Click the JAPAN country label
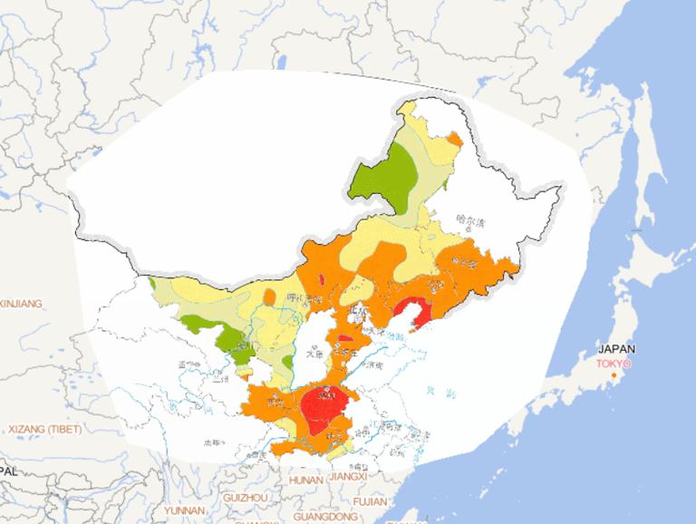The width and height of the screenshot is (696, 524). coord(617,349)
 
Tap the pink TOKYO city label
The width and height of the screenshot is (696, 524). coord(613,364)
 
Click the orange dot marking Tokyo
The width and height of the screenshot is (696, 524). coord(614,374)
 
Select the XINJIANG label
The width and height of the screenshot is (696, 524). coord(20,304)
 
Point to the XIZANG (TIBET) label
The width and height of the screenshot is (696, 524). coord(43,428)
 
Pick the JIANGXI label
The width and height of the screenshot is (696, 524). coord(348,476)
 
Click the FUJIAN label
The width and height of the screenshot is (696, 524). coord(371,500)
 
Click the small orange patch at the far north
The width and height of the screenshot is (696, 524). coord(454,139)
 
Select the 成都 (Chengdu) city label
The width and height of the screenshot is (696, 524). coord(213,442)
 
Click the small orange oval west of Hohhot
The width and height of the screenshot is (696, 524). coord(269,297)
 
